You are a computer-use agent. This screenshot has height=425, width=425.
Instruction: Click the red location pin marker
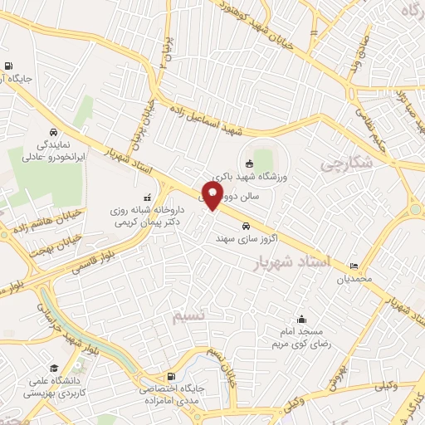click(212, 196)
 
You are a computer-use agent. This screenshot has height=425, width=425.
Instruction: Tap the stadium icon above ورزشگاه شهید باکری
click(250, 163)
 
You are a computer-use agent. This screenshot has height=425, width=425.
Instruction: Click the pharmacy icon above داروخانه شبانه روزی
click(148, 198)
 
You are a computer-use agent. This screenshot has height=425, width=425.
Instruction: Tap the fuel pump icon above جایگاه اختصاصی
click(171, 376)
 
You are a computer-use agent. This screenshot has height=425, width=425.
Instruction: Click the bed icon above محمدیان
click(355, 266)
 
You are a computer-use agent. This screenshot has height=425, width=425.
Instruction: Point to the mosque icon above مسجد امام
click(300, 320)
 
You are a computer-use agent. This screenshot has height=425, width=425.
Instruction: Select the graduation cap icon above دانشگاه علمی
click(54, 368)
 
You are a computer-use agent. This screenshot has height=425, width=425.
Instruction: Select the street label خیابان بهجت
click(56, 244)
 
